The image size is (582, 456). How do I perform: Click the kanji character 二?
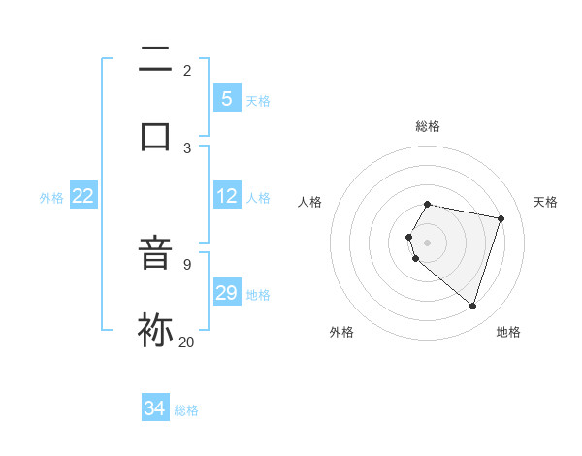tap(155, 59)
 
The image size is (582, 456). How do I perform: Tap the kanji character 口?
tap(155, 136)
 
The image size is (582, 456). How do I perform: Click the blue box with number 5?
tap(226, 99)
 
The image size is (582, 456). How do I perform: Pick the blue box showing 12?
tap(226, 196)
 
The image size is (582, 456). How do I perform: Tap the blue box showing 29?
tap(226, 293)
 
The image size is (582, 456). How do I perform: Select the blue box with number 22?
tap(83, 196)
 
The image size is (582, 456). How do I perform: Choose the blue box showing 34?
tap(154, 408)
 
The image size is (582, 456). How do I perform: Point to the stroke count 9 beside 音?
tap(186, 264)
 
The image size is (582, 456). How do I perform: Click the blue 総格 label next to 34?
tap(186, 410)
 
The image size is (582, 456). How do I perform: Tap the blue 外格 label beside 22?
tap(51, 198)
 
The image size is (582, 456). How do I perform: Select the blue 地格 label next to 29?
tap(258, 295)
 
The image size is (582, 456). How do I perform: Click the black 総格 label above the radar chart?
tap(428, 126)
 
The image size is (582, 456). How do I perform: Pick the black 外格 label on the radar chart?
tap(341, 333)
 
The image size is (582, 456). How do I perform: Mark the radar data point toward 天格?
tap(501, 218)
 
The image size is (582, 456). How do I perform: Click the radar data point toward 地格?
tap(472, 306)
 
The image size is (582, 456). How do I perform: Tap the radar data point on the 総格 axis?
tap(428, 204)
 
